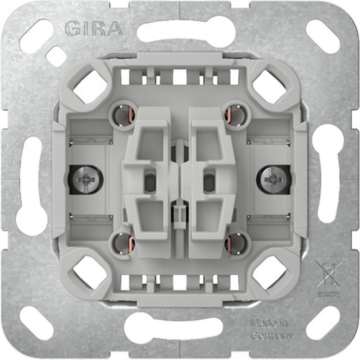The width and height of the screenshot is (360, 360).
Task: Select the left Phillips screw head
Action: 86,179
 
